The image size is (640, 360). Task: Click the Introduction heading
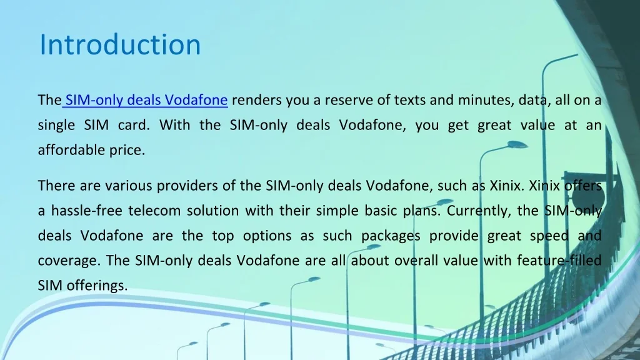[120, 45]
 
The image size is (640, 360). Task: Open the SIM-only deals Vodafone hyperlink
[146, 100]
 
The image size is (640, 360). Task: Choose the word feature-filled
[559, 261]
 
